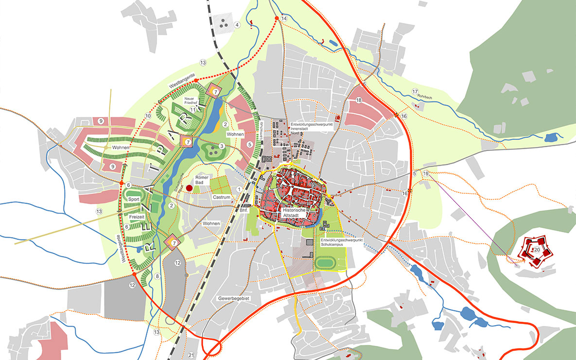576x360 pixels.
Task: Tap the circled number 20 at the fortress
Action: tap(537, 249)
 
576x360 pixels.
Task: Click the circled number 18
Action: tap(359, 100)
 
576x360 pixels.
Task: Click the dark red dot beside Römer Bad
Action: tap(189, 188)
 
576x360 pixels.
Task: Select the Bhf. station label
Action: tap(244, 211)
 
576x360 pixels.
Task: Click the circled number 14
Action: tap(284, 18)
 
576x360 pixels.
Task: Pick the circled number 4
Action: tap(237, 25)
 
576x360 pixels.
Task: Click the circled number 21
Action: tap(191, 355)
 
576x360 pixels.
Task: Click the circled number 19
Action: tap(426, 173)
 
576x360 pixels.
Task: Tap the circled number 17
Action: tap(415, 91)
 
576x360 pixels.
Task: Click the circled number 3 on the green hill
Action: tap(221, 146)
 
